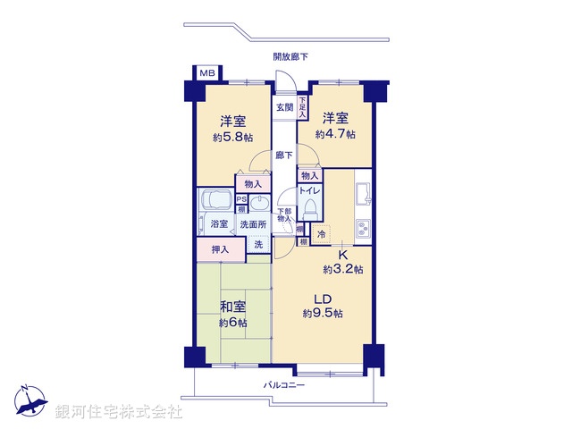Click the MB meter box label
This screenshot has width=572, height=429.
(206, 73)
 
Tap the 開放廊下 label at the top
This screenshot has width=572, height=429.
(291, 57)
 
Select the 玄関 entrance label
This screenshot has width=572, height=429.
(284, 107)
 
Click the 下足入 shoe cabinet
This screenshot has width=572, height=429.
(303, 108)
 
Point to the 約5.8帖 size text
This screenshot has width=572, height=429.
(232, 138)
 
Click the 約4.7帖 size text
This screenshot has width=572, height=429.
(335, 134)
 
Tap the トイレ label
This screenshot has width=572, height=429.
(308, 190)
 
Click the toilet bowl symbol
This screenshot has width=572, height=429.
(310, 208)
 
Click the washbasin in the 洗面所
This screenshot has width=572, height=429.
(259, 201)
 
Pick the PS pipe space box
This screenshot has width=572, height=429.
(241, 199)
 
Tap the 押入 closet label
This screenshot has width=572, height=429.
(220, 250)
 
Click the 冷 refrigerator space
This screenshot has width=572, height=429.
(320, 233)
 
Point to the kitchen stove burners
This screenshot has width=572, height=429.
(363, 228)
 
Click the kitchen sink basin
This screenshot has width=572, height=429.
(363, 194)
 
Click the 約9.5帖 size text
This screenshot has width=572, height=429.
(323, 313)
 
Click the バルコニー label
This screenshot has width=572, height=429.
(284, 385)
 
